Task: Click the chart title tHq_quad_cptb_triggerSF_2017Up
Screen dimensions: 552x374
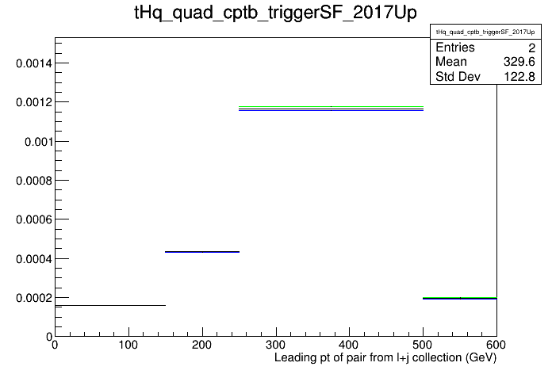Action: [x=275, y=13]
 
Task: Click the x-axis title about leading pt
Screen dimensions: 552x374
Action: [x=385, y=358]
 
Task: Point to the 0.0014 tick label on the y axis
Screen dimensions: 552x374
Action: [x=34, y=63]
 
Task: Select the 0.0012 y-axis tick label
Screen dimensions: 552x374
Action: [x=34, y=102]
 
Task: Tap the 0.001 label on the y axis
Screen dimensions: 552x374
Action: [x=38, y=142]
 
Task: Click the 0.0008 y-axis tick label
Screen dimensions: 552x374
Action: [x=34, y=181]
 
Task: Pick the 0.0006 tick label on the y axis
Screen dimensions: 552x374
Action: [x=34, y=220]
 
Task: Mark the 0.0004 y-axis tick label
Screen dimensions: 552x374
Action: [x=34, y=259]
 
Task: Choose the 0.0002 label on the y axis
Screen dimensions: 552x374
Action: [x=34, y=299]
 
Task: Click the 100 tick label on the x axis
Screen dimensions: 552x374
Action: [x=128, y=345]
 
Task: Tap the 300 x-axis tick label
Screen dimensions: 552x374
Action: [x=276, y=345]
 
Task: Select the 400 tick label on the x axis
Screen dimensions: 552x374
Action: [x=349, y=345]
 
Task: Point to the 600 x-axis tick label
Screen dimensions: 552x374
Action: [x=496, y=345]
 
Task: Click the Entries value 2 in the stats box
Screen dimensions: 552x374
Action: [x=531, y=48]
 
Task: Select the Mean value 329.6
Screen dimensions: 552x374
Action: [x=519, y=62]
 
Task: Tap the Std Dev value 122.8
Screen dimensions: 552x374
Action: [x=519, y=76]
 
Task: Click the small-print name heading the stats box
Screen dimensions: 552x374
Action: [x=485, y=32]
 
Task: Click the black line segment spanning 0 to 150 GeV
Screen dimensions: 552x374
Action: [x=110, y=305]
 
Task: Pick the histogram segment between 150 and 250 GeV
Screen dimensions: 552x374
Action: [x=202, y=252]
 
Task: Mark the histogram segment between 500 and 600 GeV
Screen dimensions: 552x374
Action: [x=460, y=299]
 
